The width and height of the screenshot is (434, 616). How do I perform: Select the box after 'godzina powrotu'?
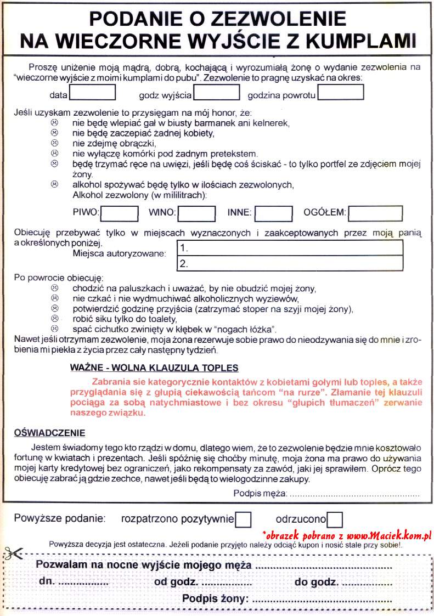pos(341,93)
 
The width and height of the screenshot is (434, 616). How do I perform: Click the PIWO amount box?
pos(120,213)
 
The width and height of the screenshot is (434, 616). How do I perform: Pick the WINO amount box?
pos(196,213)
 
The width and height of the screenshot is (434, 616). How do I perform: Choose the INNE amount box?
pos(274,213)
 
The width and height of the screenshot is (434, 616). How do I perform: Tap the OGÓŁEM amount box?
pos(375,213)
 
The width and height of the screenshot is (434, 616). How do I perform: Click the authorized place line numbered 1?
pos(290,248)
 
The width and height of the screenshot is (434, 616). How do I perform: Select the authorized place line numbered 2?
pos(290,263)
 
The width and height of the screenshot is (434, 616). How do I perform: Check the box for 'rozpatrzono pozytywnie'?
pos(243,518)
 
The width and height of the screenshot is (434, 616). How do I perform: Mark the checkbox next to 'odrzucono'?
pos(335,518)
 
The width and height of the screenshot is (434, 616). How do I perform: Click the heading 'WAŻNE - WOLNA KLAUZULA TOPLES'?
pos(155,367)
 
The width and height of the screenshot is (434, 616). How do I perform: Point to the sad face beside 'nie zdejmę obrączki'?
pos(54,143)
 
